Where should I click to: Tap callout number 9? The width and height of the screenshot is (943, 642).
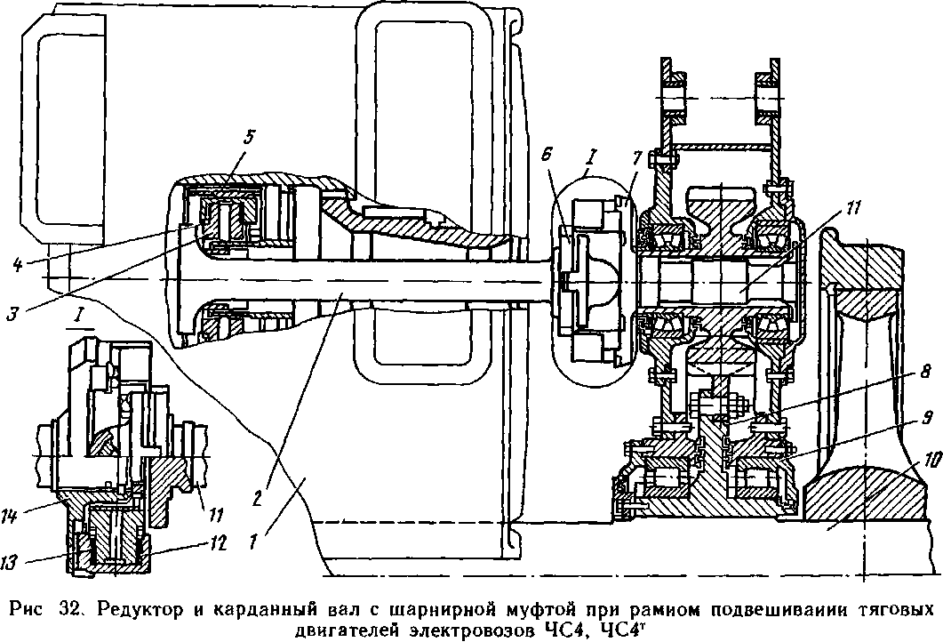pyautogui.click(x=924, y=416)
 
